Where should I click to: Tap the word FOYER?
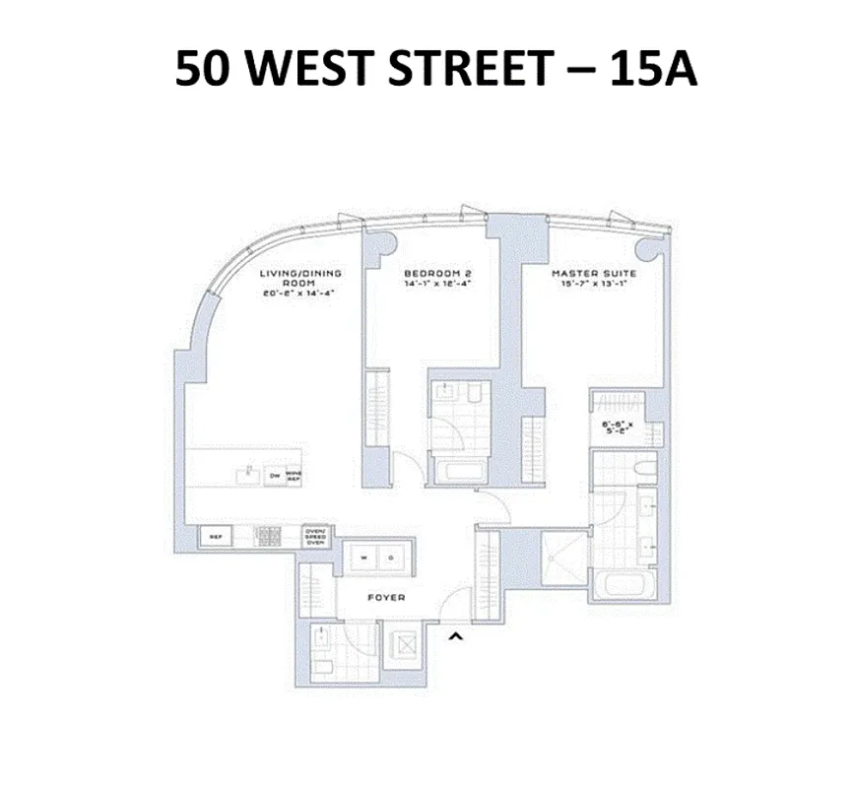385,598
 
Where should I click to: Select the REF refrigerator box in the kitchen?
215,537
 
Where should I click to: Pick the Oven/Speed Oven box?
316,536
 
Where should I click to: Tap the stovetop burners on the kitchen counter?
269,537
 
